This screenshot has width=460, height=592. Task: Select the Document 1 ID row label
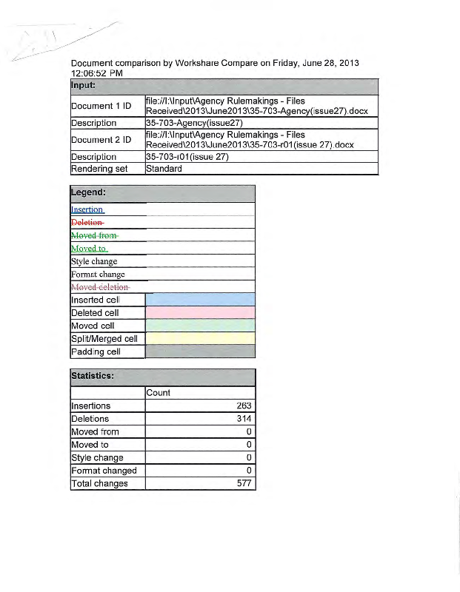101,106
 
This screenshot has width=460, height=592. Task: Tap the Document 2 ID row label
101,140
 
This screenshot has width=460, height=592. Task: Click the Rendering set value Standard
164,169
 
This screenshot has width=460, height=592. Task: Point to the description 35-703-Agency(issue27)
194,123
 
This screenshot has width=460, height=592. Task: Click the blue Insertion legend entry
87,209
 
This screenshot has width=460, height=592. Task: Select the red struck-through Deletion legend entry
87,222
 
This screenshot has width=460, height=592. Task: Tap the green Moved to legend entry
90,248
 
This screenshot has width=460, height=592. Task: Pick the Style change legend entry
94,261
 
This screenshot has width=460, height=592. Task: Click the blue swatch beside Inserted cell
200,300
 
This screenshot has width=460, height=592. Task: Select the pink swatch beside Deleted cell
200,313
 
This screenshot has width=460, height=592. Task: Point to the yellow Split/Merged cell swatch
200,339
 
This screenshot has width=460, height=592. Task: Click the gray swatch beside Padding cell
200,351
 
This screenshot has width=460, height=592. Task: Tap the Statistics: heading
92,376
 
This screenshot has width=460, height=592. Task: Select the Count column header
159,392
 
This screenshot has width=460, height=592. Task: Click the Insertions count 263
244,406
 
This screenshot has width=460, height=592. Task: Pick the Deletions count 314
244,419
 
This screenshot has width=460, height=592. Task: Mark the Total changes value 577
244,484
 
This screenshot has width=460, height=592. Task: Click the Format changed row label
104,471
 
